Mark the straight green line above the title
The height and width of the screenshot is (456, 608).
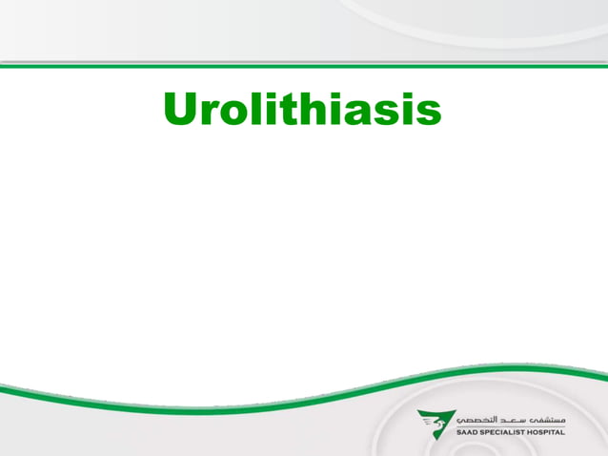coord(304,66)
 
